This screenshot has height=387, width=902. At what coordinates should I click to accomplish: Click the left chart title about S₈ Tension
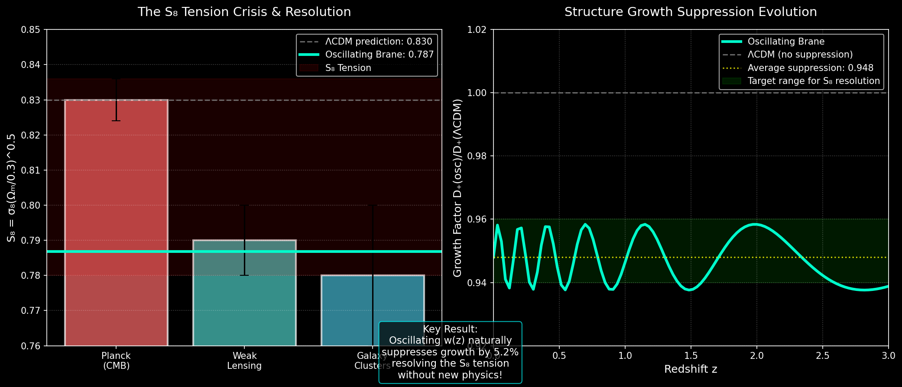244,12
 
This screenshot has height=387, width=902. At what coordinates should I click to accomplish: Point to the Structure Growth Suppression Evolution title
690,12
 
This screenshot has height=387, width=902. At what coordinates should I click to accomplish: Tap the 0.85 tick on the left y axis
30,30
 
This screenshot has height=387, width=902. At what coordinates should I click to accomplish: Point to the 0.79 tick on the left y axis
30,240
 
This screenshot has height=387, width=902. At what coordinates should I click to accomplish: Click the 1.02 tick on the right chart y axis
477,30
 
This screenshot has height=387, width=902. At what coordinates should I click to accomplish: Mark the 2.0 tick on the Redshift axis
756,356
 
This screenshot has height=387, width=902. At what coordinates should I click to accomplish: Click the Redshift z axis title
690,369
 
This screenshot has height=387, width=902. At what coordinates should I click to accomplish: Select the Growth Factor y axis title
457,188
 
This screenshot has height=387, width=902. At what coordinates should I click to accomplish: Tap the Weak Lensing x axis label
244,361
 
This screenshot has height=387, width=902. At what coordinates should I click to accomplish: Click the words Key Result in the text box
450,329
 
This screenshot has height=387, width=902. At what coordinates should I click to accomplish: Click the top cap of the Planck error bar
116,79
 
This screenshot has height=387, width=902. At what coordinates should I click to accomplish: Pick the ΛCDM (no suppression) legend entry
800,55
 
